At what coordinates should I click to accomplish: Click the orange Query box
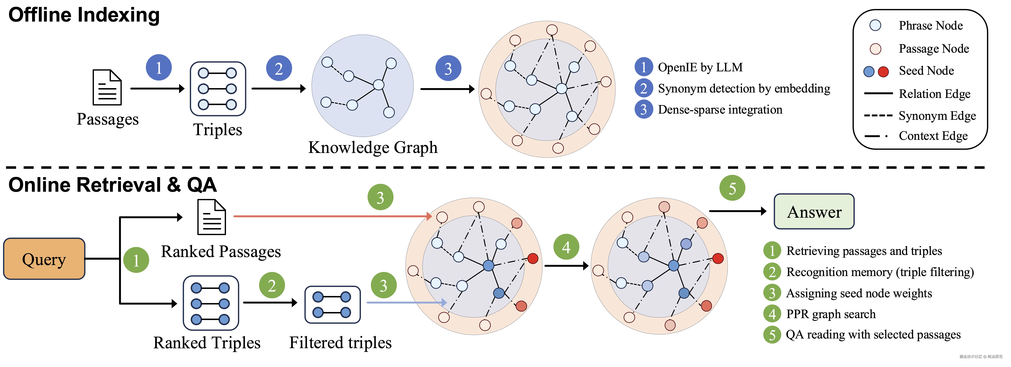44,259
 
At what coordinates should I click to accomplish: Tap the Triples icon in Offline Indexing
218,89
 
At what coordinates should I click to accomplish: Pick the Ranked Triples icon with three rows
211,303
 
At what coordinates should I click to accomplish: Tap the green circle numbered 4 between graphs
566,247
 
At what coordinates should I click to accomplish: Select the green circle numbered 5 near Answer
732,188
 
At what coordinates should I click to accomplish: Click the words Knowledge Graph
373,147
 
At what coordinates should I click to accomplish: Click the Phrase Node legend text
931,25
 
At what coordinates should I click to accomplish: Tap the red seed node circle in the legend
883,71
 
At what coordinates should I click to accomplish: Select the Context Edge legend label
933,136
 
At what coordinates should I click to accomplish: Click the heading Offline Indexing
84,15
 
